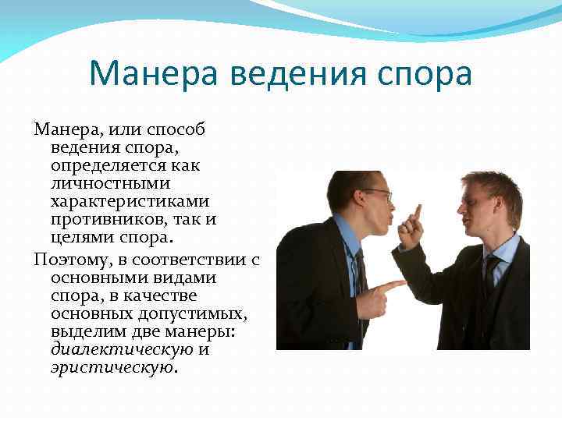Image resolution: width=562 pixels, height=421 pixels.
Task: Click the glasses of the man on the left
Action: coord(376,192)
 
